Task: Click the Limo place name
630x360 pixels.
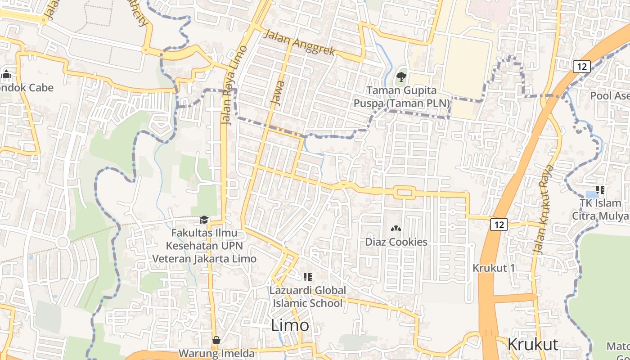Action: click(x=290, y=325)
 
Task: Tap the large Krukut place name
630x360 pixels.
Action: click(x=532, y=344)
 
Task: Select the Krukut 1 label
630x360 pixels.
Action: click(x=493, y=268)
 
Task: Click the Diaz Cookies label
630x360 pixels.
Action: click(x=396, y=242)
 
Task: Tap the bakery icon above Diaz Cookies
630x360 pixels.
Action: click(x=396, y=229)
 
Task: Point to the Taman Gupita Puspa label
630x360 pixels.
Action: click(x=401, y=97)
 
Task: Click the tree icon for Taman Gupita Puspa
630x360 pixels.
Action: click(x=401, y=77)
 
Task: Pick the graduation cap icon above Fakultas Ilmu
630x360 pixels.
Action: click(x=204, y=220)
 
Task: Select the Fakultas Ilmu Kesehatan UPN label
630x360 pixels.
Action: click(x=204, y=246)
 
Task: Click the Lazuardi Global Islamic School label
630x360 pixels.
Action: click(x=308, y=297)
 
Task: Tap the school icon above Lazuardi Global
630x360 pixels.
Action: click(x=308, y=277)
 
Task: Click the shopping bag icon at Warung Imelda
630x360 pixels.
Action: click(x=216, y=340)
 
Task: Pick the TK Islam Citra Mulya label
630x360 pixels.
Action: click(x=600, y=209)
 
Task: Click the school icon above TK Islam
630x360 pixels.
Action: click(x=600, y=190)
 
